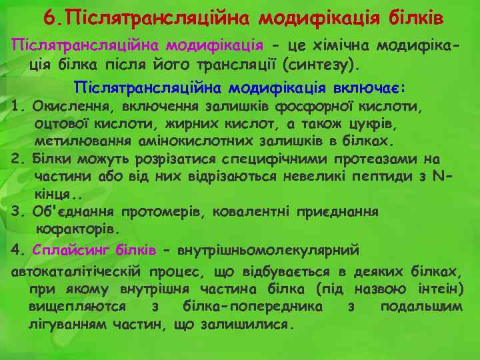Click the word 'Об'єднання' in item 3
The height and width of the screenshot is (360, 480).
(x=72, y=211)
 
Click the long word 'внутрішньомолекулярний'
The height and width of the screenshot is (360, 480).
(x=268, y=250)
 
